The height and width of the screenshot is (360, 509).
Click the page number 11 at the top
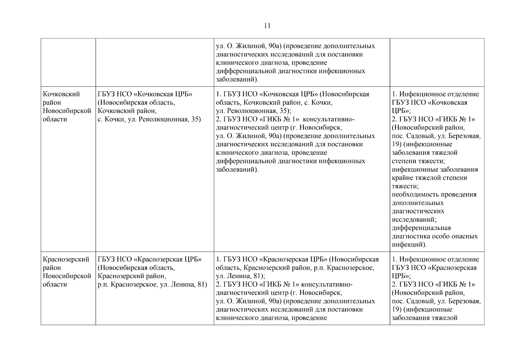click(x=267, y=26)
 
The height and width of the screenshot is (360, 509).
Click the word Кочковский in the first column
click(x=61, y=94)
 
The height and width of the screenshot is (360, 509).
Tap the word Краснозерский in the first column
click(x=66, y=259)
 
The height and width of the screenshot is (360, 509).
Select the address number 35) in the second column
click(x=196, y=119)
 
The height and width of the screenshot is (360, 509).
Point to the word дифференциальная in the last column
click(x=421, y=228)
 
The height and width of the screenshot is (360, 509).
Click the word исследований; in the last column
click(x=414, y=220)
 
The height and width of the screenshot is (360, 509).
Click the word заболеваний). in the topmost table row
click(x=237, y=79)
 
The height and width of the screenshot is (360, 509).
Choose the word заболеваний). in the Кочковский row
click(x=237, y=169)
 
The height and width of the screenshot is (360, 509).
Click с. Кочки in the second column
click(x=110, y=119)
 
